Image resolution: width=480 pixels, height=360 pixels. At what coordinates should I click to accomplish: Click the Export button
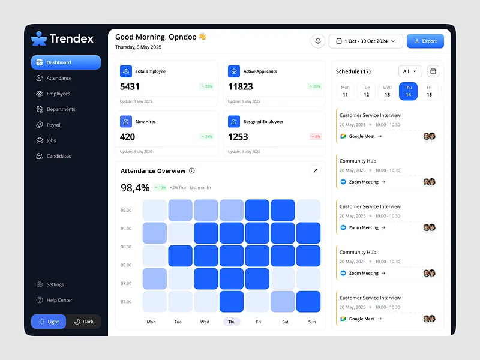click(425, 41)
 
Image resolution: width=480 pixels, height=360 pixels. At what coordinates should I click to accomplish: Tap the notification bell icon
click(318, 41)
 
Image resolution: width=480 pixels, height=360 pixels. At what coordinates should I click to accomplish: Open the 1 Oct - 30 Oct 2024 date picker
click(366, 41)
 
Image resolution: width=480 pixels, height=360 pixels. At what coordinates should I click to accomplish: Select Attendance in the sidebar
click(59, 78)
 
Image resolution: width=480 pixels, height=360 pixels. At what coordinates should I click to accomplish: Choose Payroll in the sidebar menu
click(54, 125)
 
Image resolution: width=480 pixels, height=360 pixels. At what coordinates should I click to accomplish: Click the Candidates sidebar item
click(59, 156)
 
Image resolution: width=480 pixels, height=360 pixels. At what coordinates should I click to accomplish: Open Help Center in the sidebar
click(59, 300)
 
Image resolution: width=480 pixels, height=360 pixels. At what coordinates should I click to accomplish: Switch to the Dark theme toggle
click(83, 322)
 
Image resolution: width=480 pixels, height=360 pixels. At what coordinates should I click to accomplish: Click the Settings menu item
click(55, 284)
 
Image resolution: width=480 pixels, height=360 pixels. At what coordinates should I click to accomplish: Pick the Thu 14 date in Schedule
click(408, 91)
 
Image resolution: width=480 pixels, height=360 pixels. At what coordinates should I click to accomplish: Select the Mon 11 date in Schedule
click(345, 91)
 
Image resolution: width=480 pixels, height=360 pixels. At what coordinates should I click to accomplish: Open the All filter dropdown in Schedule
click(410, 71)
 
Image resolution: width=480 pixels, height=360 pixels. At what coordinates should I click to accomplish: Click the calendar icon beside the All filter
click(433, 71)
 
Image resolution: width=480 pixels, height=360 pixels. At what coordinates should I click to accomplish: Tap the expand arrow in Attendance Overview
click(315, 171)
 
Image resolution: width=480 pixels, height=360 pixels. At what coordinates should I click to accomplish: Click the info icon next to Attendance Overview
click(192, 171)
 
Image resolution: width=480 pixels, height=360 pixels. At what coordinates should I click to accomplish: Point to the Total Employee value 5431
click(130, 86)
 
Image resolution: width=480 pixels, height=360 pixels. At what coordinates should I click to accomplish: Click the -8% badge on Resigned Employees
click(315, 137)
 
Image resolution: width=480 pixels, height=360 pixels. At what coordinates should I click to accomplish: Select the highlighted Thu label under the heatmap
click(232, 322)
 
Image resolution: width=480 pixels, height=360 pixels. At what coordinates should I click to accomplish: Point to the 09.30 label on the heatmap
click(127, 211)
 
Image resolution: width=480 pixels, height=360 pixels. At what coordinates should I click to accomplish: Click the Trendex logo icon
click(39, 38)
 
